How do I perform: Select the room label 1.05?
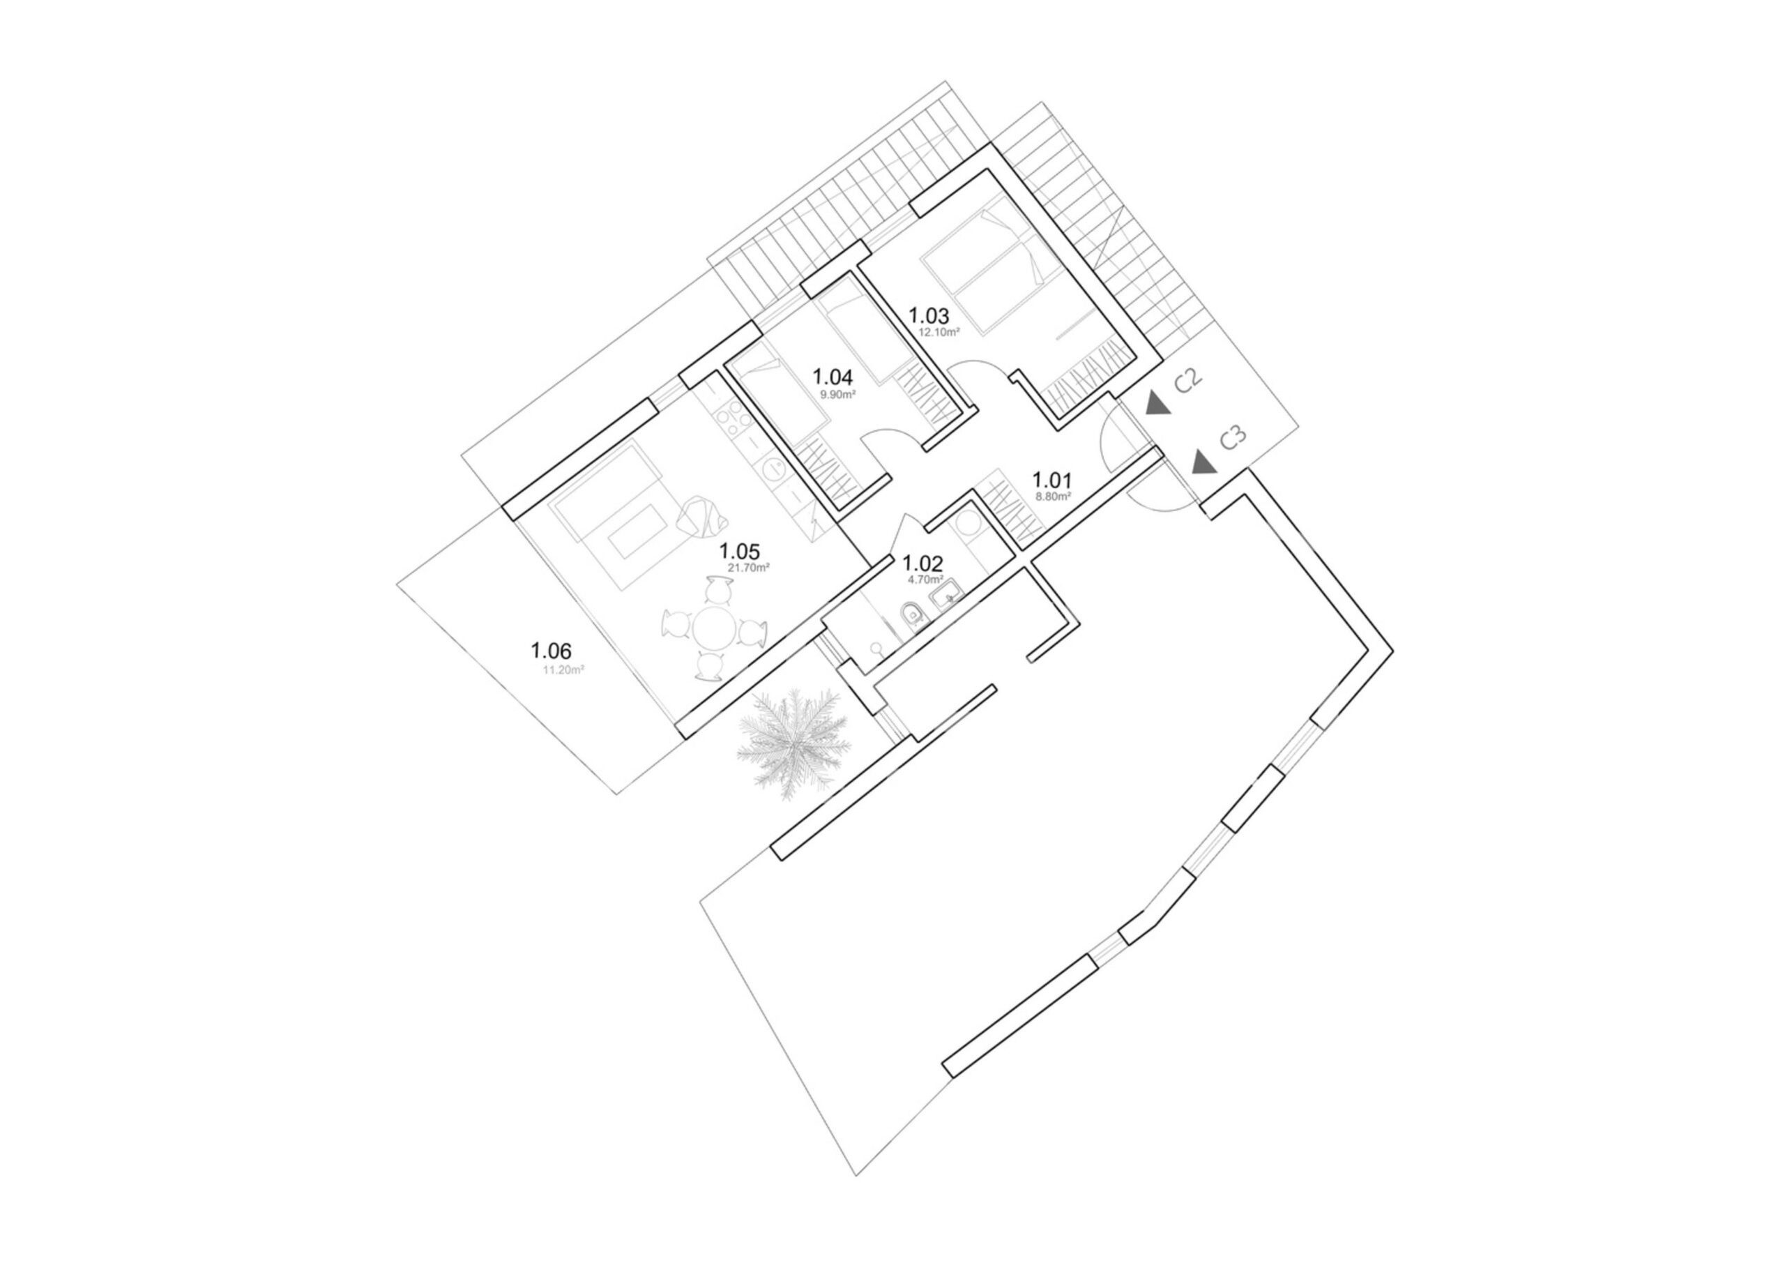(739, 552)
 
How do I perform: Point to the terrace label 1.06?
(552, 650)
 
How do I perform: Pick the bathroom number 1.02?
(922, 563)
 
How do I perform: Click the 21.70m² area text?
(749, 568)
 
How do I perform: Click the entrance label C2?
(1188, 381)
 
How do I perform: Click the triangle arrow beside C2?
(1157, 403)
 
